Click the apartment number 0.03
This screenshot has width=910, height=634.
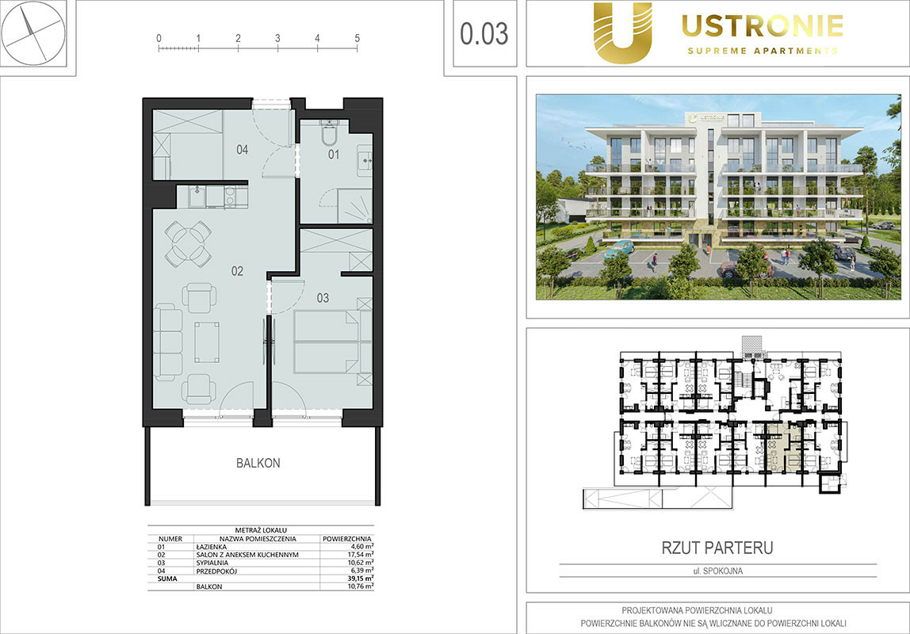[484, 33]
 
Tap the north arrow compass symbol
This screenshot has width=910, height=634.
[32, 32]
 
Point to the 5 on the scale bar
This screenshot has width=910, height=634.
[357, 38]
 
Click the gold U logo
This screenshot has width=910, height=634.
[623, 32]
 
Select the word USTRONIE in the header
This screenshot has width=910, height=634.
[763, 26]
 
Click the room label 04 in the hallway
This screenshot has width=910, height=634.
[242, 150]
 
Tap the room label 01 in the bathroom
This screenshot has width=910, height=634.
[333, 155]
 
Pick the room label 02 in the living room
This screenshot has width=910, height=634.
[237, 271]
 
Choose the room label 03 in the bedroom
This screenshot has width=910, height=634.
[323, 298]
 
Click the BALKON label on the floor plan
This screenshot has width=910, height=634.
[258, 463]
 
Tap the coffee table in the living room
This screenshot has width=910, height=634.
[207, 342]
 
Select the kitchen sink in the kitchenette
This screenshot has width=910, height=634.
[197, 196]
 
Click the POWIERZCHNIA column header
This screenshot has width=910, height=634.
[346, 539]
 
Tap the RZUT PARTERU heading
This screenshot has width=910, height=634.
[717, 548]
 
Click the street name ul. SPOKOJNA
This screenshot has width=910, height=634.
[718, 571]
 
